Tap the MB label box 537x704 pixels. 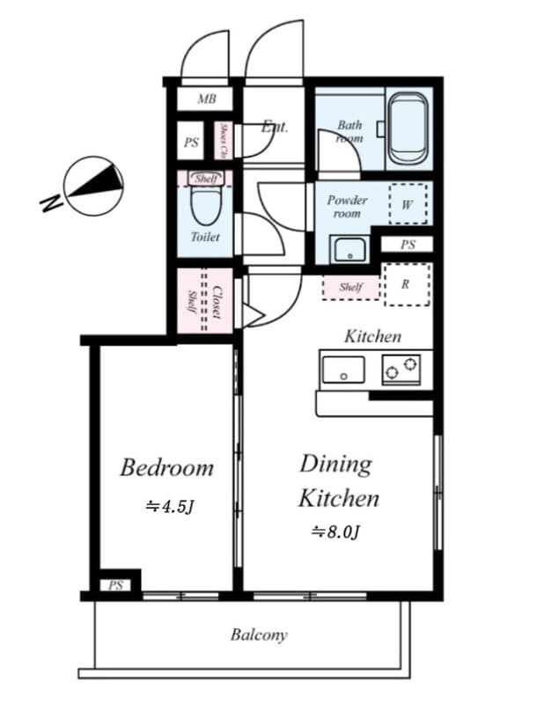[x=206, y=99]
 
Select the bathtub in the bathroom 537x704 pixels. [x=408, y=128]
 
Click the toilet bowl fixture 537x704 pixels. [x=206, y=205]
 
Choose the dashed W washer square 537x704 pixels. [x=408, y=205]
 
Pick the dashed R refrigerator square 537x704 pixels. [x=406, y=283]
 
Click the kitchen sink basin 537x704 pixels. [x=343, y=370]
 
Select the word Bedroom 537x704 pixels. [x=166, y=467]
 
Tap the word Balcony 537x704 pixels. [x=259, y=634]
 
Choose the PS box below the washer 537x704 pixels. [x=407, y=245]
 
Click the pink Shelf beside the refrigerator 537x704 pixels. [x=351, y=287]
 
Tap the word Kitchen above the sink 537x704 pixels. [x=372, y=335]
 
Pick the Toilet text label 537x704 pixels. [x=205, y=237]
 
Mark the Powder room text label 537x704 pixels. [x=347, y=206]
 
